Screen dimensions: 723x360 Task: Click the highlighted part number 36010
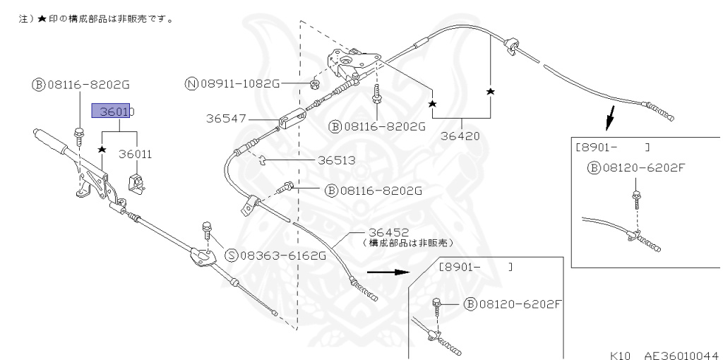point(113,112)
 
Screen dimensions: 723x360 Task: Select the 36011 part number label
point(135,153)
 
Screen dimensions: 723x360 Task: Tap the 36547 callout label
point(226,119)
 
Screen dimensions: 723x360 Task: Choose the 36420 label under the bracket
point(458,136)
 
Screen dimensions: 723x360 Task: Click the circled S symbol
point(231,256)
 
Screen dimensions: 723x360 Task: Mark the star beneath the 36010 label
point(102,150)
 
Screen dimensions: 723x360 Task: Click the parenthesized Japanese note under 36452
point(407,243)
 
